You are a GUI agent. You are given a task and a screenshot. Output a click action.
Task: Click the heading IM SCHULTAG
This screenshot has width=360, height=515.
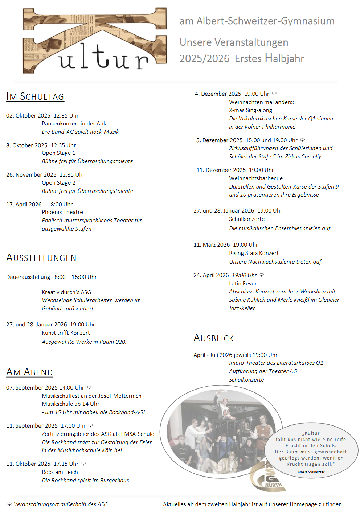(x=35, y=96)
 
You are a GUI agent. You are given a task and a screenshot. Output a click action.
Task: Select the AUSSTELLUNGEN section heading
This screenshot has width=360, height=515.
(x=41, y=258)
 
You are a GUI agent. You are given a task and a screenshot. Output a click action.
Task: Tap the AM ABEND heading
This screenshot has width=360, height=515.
(x=29, y=372)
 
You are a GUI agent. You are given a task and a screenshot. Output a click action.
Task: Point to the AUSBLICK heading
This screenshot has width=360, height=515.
(x=214, y=338)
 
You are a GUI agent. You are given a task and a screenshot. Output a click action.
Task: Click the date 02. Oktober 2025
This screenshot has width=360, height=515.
(x=28, y=116)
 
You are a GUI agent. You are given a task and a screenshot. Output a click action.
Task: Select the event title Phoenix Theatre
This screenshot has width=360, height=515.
(x=62, y=212)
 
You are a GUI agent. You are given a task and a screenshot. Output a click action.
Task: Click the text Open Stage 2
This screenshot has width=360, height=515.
(x=58, y=183)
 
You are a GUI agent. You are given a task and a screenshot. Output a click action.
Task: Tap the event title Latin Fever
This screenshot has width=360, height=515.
(x=243, y=284)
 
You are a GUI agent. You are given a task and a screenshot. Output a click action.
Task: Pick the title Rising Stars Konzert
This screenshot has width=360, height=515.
(x=254, y=253)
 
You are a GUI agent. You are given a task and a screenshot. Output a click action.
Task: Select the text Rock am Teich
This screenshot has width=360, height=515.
(x=60, y=472)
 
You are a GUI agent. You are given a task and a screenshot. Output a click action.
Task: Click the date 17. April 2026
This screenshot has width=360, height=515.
(x=24, y=205)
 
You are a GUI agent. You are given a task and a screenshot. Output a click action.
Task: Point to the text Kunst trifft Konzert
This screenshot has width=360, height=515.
(x=66, y=333)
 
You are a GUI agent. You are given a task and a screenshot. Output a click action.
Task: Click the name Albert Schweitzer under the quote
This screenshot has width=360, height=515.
(x=311, y=472)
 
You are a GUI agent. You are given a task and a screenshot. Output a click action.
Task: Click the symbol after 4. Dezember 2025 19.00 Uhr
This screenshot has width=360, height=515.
(x=274, y=94)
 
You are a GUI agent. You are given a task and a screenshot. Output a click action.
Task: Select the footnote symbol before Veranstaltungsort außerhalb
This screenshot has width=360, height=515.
(x=9, y=504)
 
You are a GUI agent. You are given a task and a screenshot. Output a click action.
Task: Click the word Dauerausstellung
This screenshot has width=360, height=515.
(x=28, y=277)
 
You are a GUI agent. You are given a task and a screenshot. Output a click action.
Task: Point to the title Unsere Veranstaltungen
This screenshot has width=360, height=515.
(x=234, y=42)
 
